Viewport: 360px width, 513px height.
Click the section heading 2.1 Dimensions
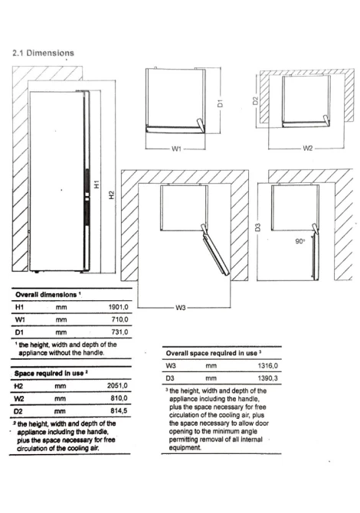click(43, 53)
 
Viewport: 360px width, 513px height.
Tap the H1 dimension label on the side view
click(97, 185)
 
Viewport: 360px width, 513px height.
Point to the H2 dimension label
click(112, 195)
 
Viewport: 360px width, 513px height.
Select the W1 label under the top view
click(176, 149)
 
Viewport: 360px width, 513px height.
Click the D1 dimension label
click(221, 103)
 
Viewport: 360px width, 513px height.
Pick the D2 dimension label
click(255, 101)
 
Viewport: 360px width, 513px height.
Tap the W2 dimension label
click(308, 149)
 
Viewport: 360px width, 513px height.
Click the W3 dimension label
click(181, 308)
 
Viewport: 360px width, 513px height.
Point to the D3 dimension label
click(257, 227)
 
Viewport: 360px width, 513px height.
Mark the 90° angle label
click(299, 241)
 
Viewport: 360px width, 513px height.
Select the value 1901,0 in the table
click(118, 307)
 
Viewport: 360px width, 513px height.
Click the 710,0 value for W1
click(119, 319)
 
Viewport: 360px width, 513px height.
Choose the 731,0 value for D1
click(119, 332)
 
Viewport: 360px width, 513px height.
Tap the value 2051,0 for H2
click(117, 386)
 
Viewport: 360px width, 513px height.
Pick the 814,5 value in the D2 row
click(119, 410)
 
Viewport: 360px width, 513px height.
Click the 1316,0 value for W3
click(268, 365)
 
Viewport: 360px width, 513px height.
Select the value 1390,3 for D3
click(268, 378)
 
